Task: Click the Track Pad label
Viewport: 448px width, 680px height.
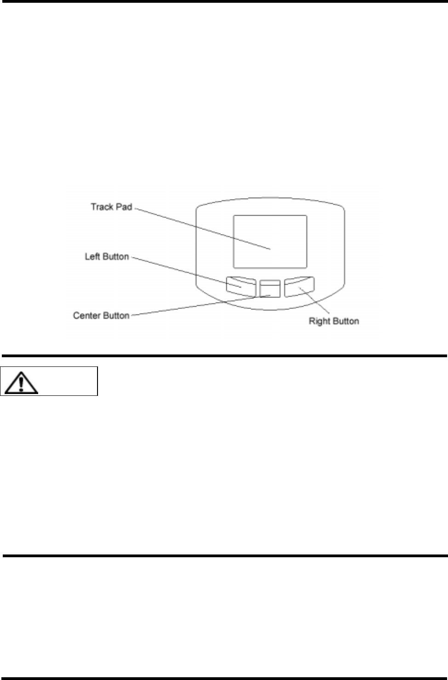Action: (111, 207)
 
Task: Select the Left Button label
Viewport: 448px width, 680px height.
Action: (107, 257)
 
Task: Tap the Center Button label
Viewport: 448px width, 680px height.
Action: (101, 315)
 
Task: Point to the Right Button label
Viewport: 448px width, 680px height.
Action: (333, 321)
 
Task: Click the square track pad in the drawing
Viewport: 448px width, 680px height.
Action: (270, 241)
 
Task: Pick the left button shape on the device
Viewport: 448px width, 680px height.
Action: (241, 286)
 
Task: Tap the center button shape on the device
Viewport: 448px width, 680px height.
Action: (270, 288)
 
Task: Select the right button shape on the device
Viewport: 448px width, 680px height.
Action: (299, 286)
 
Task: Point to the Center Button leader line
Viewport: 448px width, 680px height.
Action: (193, 306)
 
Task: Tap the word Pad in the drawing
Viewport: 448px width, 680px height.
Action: (123, 207)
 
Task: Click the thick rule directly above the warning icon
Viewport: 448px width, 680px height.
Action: (224, 355)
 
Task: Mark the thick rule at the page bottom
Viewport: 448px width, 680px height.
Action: (224, 678)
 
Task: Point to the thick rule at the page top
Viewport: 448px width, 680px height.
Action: (224, 1)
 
